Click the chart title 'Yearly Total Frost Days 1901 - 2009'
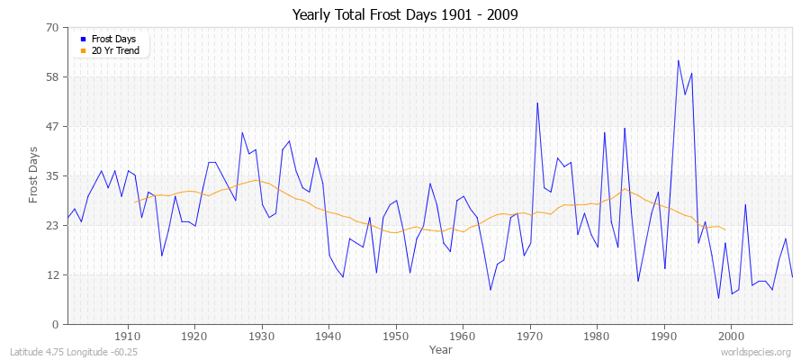404,15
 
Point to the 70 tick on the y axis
52,28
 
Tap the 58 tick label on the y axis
52,77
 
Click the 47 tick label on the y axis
52,127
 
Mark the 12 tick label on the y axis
52,275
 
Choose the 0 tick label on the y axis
55,325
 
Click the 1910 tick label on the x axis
127,337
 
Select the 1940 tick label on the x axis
328,337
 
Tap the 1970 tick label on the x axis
530,337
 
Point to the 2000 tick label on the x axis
732,337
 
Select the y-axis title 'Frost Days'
33,175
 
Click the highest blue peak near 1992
678,60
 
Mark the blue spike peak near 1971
537,103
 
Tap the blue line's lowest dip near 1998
718,298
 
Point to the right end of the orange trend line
724,229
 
